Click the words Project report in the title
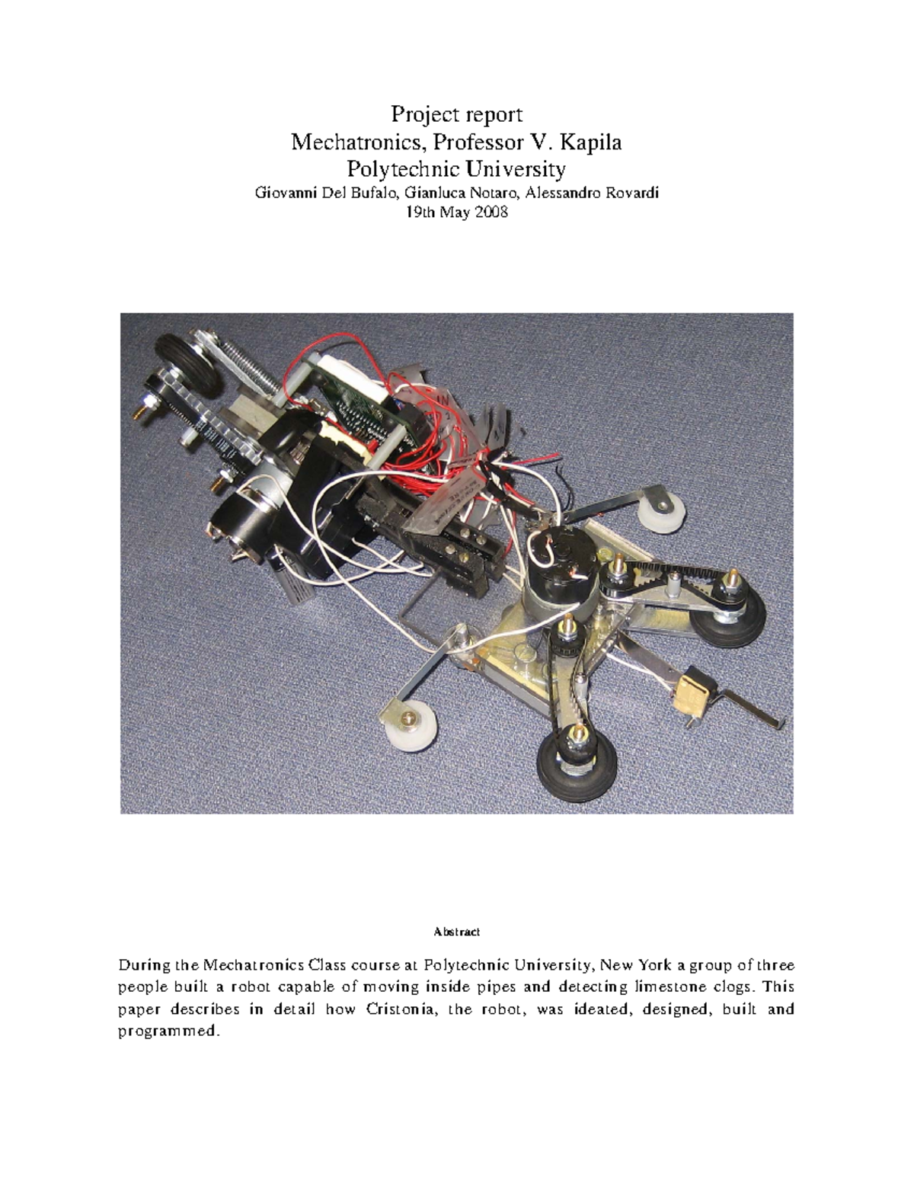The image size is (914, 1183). pos(456,114)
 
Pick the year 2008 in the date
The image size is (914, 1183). pos(491,213)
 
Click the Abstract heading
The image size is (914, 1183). pos(456,932)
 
